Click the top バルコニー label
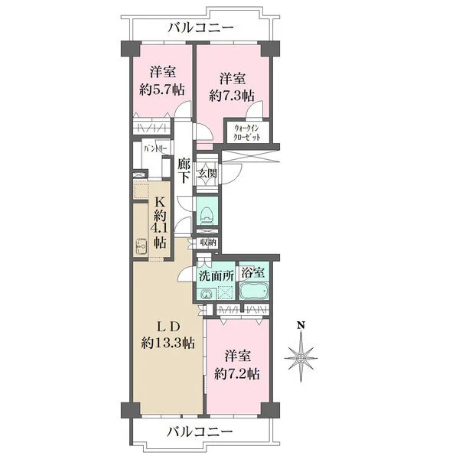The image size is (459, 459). [200, 28]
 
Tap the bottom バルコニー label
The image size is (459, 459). [200, 432]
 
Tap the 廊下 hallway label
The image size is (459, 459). [184, 171]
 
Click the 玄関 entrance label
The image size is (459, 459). [207, 173]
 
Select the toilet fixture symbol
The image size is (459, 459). [206, 216]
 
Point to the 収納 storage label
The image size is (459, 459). [207, 243]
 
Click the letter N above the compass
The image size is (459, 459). [301, 325]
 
